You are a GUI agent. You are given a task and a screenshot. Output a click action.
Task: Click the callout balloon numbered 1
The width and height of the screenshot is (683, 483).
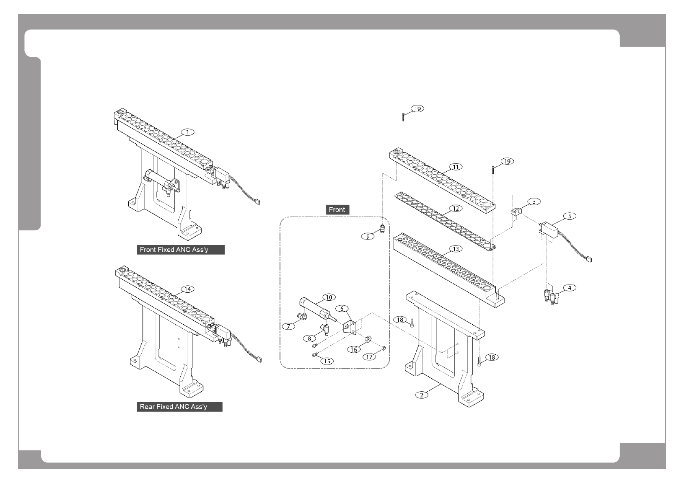187,132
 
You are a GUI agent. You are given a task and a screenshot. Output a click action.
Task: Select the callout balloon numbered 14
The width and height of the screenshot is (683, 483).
187,289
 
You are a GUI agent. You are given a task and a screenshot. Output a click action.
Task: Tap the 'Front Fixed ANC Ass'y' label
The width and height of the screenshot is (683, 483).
180,250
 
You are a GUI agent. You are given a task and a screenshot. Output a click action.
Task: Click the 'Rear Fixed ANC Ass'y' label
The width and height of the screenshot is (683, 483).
179,407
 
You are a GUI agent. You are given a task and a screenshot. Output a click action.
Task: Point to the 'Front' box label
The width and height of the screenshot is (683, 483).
337,209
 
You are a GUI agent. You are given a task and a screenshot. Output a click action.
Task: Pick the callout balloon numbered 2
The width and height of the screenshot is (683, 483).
421,395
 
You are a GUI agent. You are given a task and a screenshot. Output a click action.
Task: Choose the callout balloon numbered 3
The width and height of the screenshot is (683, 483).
534,202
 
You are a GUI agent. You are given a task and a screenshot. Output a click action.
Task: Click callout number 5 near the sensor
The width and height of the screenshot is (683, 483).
569,216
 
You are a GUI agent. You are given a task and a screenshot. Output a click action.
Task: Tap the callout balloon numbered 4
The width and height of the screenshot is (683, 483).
569,288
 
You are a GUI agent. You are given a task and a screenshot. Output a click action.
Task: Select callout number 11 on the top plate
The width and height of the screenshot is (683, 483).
456,167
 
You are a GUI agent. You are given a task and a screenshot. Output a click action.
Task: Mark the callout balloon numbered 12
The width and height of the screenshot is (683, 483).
456,208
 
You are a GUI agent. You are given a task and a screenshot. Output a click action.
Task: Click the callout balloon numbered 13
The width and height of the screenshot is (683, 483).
456,248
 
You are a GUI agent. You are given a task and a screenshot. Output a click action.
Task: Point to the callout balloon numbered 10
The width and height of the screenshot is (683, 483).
329,297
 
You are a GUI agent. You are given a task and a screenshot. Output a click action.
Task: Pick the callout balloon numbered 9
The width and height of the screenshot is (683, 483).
368,236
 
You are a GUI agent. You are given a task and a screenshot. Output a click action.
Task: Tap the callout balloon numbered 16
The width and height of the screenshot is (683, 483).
354,349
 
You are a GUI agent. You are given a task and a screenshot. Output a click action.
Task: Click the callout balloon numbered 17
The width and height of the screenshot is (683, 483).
369,357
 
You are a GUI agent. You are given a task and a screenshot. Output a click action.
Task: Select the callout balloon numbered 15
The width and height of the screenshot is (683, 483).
327,361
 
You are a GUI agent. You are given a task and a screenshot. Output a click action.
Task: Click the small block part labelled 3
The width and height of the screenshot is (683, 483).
516,211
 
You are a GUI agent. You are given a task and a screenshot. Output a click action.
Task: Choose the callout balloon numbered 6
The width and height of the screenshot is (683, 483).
342,308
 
